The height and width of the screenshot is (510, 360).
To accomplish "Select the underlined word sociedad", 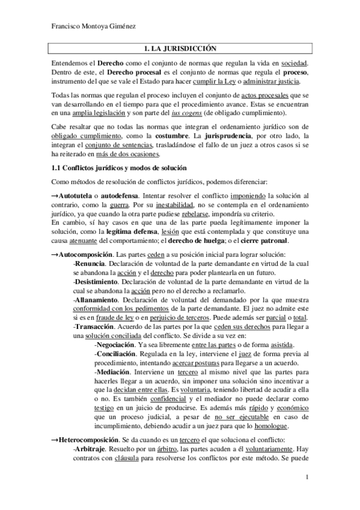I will (292, 63).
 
